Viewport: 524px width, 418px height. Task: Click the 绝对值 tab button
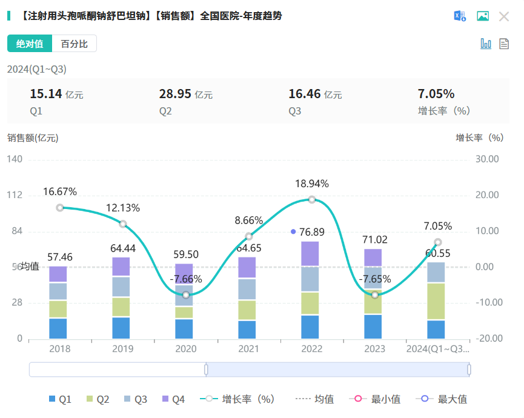(x=30, y=44)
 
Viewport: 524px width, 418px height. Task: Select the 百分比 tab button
(x=74, y=44)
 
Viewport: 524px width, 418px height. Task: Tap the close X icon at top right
(x=503, y=16)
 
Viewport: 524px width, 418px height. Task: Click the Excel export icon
(x=460, y=16)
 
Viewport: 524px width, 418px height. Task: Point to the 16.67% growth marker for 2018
(x=60, y=207)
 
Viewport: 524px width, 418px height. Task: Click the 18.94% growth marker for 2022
(x=312, y=199)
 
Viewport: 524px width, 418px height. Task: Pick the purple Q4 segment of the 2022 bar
(x=310, y=254)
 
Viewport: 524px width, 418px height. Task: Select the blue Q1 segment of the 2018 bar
(x=58, y=328)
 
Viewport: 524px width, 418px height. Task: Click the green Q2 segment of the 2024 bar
(x=436, y=301)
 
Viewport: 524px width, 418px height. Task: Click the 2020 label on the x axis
(x=186, y=349)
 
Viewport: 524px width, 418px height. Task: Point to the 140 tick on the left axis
(x=15, y=159)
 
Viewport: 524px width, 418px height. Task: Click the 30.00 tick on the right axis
(x=486, y=159)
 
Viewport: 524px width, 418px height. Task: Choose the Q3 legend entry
(x=134, y=399)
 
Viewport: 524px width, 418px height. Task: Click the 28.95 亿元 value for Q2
(x=185, y=94)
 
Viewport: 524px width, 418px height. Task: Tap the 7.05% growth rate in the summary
(x=436, y=94)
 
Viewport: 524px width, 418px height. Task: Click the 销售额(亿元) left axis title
(x=33, y=138)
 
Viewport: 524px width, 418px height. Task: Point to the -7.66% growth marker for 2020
(x=186, y=295)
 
